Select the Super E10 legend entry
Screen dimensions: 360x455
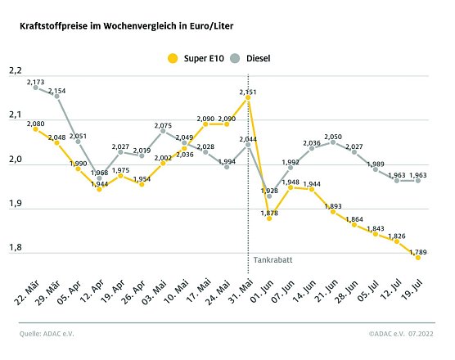195,58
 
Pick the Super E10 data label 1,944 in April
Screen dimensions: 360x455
100,184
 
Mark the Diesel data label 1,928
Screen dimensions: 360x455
270,190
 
